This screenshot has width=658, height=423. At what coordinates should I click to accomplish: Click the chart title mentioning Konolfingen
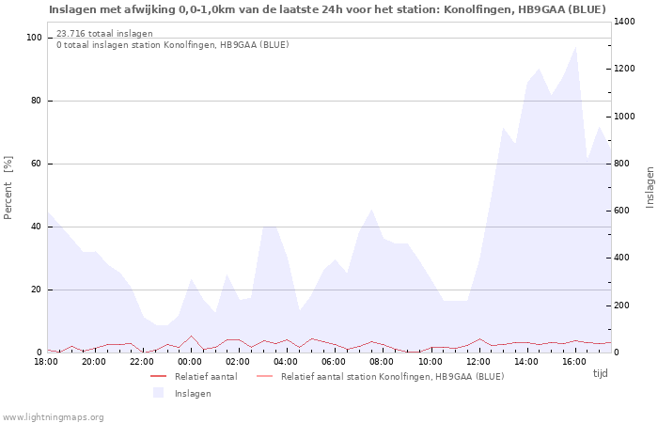(x=327, y=9)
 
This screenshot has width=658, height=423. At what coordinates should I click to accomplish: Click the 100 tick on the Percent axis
(x=34, y=38)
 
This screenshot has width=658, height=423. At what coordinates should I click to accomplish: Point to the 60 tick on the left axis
(x=37, y=164)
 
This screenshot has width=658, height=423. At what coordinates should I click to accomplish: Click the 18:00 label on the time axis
(x=46, y=362)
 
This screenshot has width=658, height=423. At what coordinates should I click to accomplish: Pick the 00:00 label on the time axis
(x=190, y=362)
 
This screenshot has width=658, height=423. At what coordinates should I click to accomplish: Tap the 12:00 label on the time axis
(x=478, y=362)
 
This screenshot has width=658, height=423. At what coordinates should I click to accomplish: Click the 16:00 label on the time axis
(x=574, y=362)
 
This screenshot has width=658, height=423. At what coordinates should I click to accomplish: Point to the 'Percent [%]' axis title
(x=8, y=187)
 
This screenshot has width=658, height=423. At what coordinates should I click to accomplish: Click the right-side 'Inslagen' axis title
(x=650, y=187)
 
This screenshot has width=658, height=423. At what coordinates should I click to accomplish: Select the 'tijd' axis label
(x=600, y=373)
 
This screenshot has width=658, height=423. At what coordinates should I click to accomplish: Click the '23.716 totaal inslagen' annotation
(x=104, y=34)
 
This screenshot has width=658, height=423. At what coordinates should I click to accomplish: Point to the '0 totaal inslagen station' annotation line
(x=172, y=45)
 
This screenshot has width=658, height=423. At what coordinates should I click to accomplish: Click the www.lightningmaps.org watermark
(x=53, y=416)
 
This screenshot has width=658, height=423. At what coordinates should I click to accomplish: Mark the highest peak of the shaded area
(x=576, y=46)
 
